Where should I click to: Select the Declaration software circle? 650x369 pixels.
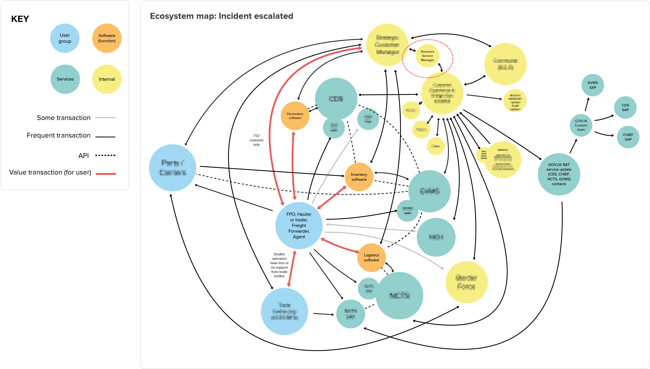(295, 116)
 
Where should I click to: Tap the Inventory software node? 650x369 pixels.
(359, 177)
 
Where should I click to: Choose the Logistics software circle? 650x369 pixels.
(371, 257)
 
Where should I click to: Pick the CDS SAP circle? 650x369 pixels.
(625, 108)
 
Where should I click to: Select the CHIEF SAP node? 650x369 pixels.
(628, 137)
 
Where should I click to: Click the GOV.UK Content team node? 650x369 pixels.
(581, 125)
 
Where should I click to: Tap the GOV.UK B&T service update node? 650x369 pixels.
(559, 174)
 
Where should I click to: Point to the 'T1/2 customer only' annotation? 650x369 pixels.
(256, 140)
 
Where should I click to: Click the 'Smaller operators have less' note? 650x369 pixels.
(279, 265)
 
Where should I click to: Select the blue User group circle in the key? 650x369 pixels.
(65, 38)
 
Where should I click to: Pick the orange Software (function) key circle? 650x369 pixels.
(107, 38)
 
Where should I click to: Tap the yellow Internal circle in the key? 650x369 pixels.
(107, 79)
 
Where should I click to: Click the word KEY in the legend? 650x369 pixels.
(20, 19)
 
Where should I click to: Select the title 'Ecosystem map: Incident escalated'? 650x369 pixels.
(221, 16)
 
